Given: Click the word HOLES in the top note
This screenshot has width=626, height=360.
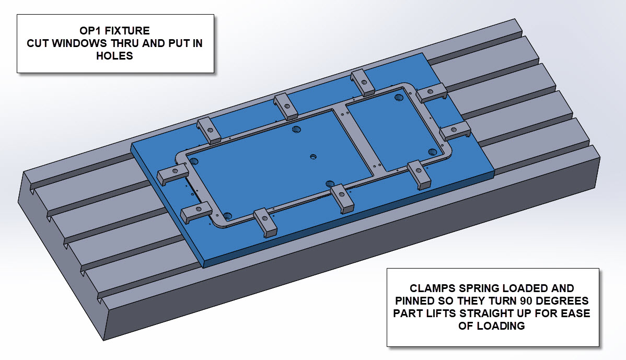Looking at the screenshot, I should (114, 56).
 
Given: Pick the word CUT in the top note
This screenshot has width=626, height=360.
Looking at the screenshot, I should (37, 43).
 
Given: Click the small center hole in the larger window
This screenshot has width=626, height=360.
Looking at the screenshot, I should (313, 156).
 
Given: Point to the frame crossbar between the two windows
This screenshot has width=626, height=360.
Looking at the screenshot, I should (357, 138).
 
